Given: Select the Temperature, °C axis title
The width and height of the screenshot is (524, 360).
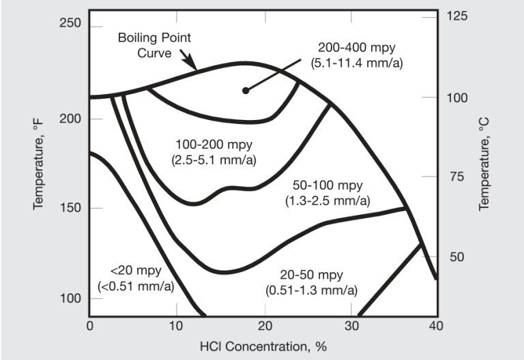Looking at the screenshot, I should [x=484, y=163].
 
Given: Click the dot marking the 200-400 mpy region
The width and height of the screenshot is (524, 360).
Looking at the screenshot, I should [x=246, y=91].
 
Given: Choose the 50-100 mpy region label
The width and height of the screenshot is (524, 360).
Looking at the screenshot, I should [x=327, y=193].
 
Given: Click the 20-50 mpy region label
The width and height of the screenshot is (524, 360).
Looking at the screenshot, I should [x=310, y=282].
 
